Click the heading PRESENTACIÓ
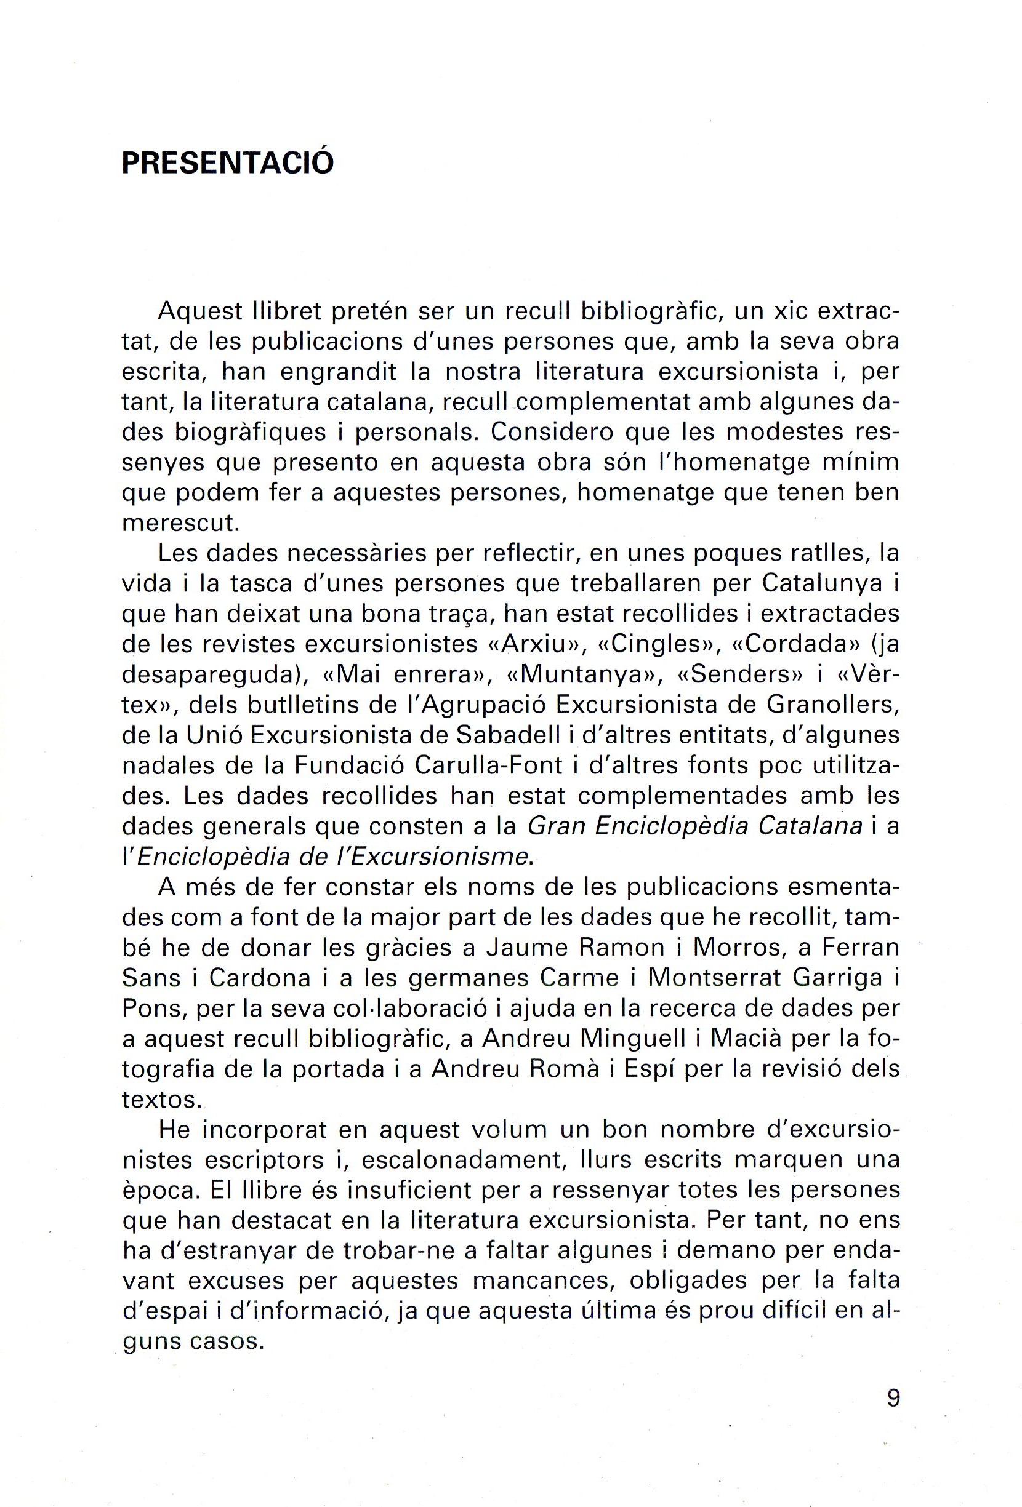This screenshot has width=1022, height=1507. (227, 164)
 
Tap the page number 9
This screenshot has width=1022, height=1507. (893, 1397)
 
